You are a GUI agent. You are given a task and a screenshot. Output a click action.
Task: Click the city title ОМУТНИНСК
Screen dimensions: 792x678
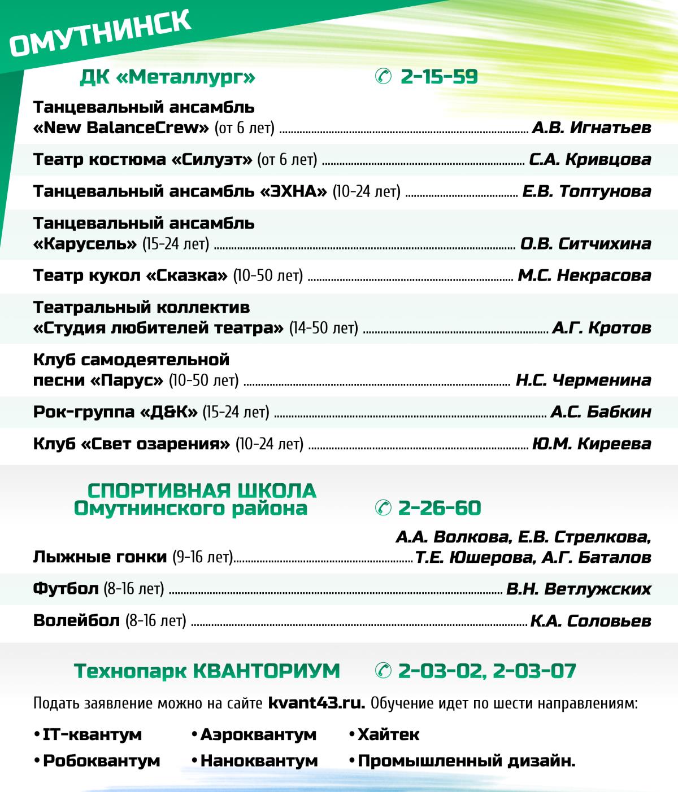[x=100, y=36]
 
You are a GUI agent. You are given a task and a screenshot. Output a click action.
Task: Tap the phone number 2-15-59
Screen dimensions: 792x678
[x=439, y=77]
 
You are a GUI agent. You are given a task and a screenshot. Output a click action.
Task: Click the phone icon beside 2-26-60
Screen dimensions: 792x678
[x=383, y=508]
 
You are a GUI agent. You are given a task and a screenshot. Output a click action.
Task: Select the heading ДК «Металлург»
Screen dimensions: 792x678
[x=168, y=77]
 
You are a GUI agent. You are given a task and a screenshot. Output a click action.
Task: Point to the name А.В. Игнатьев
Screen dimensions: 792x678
[x=592, y=128]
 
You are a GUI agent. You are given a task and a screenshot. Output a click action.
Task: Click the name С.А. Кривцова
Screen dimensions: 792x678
[x=590, y=160]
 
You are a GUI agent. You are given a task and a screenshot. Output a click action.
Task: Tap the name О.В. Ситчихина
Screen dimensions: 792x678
[x=586, y=244]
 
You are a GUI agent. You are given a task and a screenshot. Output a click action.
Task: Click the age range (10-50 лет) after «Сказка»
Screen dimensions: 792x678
[x=268, y=276]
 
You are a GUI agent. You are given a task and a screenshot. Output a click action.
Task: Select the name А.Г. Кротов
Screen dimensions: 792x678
[x=602, y=328]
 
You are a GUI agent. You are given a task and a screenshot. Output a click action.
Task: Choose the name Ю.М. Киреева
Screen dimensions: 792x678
[x=592, y=444]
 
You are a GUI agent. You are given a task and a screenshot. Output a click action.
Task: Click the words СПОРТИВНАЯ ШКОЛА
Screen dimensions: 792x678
[x=202, y=491]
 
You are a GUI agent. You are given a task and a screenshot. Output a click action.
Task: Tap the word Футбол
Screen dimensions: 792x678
[x=66, y=589]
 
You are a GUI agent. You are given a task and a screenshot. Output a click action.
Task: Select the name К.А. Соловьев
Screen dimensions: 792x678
[x=591, y=622]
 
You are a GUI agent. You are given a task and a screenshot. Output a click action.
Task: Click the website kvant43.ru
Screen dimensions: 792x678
[x=316, y=704]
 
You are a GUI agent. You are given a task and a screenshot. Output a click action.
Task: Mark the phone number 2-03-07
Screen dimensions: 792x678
[x=534, y=671]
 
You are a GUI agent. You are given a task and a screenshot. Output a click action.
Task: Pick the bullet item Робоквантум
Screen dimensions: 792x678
[x=101, y=761]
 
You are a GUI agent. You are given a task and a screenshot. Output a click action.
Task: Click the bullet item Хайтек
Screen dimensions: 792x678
[x=388, y=735]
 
